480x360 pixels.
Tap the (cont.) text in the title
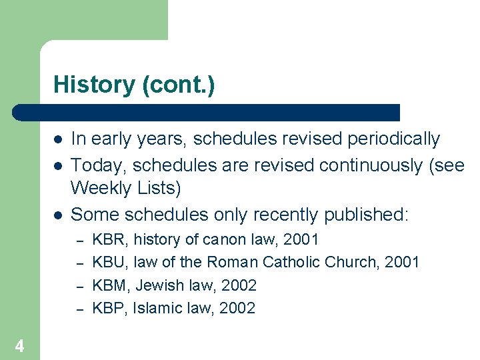[x=178, y=85]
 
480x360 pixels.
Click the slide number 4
[x=20, y=346]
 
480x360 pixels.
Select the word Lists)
[x=159, y=189]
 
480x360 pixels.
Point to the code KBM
[x=109, y=285]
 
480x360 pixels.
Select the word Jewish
[x=159, y=285]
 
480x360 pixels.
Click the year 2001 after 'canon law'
[x=301, y=239]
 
